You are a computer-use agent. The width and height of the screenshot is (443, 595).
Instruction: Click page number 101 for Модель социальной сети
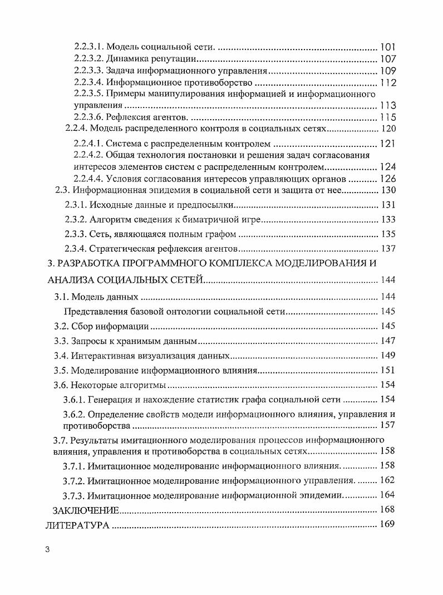tap(387, 47)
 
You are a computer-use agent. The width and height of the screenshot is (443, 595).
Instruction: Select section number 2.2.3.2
tap(87, 59)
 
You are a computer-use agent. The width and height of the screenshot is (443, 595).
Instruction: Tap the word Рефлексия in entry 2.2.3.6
tap(126, 117)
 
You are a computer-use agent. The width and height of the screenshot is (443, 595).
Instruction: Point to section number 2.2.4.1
tap(87, 144)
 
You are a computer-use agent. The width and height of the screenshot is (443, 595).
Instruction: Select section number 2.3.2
tap(76, 219)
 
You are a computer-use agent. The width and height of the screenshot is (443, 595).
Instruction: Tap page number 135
tap(387, 234)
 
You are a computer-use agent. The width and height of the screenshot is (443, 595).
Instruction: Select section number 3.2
tap(60, 326)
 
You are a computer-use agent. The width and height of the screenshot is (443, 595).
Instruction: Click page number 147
tap(387, 341)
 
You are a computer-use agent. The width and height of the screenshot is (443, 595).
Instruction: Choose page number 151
tap(387, 370)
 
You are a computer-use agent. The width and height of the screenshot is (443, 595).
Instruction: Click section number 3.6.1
tap(76, 399)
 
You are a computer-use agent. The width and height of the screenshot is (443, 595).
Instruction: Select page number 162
tap(387, 480)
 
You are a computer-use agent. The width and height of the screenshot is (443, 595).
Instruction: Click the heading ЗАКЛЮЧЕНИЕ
tap(86, 510)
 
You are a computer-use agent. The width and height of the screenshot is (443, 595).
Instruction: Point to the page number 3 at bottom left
tap(48, 550)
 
